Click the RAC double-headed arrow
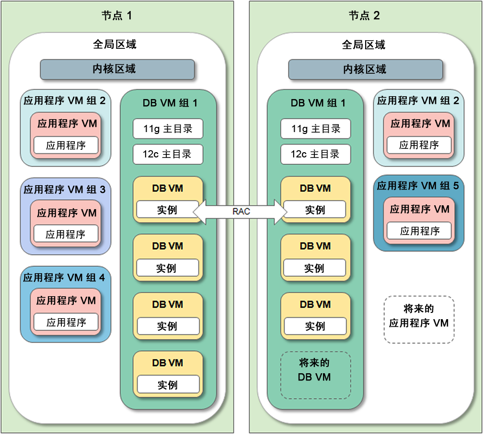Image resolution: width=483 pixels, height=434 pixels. [241, 211]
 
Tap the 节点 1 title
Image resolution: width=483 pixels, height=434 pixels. [117, 15]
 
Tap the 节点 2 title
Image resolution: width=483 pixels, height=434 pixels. [364, 15]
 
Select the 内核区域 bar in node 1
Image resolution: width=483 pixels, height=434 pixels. [117, 69]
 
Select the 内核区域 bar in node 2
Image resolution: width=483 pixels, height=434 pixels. [366, 69]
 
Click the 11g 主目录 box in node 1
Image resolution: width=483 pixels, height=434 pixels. [168, 129]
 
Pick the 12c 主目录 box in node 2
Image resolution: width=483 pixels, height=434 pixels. [315, 154]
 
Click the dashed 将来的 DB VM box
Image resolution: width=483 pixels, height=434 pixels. [315, 375]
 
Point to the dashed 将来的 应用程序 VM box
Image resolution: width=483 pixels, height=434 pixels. [419, 320]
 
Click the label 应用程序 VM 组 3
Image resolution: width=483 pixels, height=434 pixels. [65, 189]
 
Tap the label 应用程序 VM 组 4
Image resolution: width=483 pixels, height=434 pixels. [64, 278]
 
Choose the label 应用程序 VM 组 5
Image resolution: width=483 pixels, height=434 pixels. [418, 186]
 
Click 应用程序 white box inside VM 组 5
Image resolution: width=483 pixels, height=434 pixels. [419, 231]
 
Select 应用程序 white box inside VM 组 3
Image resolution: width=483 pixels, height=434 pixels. [66, 234]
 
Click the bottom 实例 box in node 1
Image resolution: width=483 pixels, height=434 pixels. [168, 384]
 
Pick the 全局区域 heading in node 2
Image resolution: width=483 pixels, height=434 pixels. [364, 45]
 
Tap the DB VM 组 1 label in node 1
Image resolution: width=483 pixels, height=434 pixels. [170, 103]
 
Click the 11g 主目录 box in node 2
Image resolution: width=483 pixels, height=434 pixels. [315, 129]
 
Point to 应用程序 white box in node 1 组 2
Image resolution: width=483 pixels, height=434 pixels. [66, 145]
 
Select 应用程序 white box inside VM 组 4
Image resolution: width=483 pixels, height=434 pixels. [66, 322]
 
